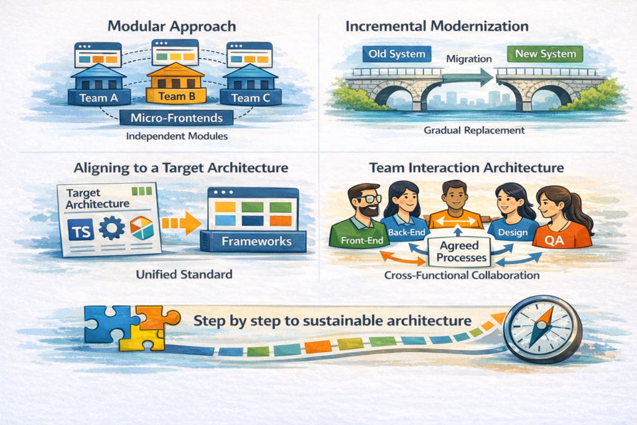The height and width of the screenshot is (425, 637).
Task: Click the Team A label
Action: point(99,98)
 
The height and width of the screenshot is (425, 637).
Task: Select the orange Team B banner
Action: point(176,96)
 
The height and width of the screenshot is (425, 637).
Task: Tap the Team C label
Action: point(251,98)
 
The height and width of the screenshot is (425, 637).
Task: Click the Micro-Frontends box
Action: point(176,118)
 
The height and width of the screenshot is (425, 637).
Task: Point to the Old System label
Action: point(396,54)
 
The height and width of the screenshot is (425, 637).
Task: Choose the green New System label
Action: point(545,54)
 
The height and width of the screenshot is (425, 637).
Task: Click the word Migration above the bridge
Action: point(469,59)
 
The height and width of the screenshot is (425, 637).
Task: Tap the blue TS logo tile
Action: point(80,230)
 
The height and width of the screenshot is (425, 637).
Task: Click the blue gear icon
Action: point(112,228)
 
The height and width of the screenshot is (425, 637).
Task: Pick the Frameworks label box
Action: point(256,241)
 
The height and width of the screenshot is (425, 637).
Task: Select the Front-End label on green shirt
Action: point(362,241)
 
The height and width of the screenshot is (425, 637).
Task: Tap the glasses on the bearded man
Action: point(368,199)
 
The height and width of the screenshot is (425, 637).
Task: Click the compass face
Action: point(542,329)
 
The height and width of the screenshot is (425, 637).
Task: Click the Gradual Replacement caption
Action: point(474,131)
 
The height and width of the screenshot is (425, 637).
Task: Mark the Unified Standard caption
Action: point(184,274)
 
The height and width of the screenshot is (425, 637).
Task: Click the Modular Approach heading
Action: point(172,26)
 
